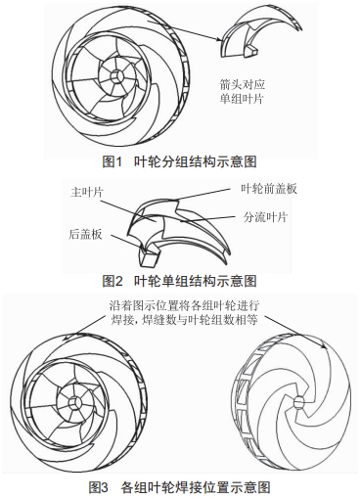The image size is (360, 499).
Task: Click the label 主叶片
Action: click(87, 193)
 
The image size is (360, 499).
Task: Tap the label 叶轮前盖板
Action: click(269, 189)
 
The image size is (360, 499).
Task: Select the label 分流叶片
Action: click(266, 216)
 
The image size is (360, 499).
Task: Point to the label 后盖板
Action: click(85, 234)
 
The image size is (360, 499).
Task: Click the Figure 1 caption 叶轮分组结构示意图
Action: click(196, 161)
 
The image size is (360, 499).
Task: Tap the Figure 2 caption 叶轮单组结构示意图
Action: click(196, 281)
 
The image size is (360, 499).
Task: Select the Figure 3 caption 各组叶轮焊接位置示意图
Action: click(196, 487)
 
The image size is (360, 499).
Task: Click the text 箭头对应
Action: click(242, 84)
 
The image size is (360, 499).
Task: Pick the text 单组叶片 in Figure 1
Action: click(242, 98)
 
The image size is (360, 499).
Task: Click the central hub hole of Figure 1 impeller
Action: click(116, 77)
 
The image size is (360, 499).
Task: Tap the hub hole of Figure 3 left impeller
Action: click(75, 402)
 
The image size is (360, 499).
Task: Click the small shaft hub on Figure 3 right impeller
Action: click(298, 402)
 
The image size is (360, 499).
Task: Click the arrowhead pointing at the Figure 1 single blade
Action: click(219, 39)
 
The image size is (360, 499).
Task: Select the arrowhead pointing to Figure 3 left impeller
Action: click(66, 339)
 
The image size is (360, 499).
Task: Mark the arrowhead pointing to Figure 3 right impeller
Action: click(324, 346)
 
